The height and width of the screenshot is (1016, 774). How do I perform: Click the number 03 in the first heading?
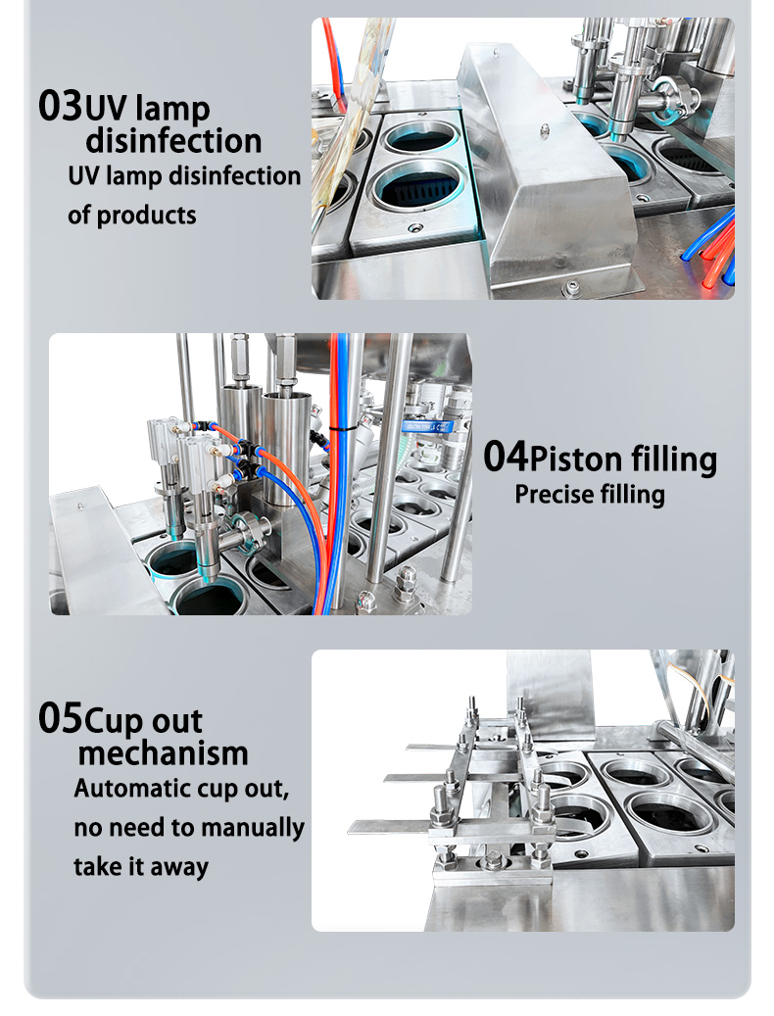pyautogui.click(x=60, y=105)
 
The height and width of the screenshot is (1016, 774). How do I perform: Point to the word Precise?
pyautogui.click(x=553, y=495)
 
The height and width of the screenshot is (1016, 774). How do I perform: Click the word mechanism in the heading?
pyautogui.click(x=163, y=754)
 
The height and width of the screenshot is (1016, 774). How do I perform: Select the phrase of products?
pyautogui.click(x=131, y=215)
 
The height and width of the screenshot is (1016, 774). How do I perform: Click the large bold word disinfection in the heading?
pyautogui.click(x=173, y=141)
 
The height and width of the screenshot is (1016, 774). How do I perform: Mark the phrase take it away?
pyautogui.click(x=140, y=867)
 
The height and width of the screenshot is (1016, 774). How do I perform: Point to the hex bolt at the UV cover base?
pyautogui.click(x=571, y=288)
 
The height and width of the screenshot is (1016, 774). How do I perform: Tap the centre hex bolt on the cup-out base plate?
pyautogui.click(x=493, y=861)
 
